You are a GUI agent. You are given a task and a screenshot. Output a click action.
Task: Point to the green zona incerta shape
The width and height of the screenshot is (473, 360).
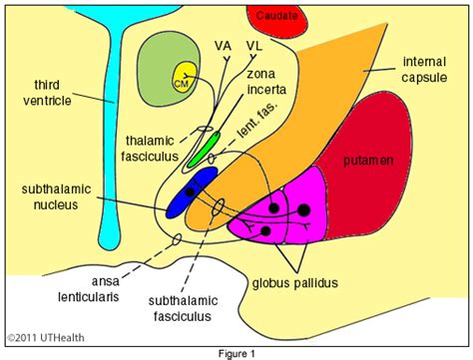coord(204,147)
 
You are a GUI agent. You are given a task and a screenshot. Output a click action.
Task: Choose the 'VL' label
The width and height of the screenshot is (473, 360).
coord(254,47)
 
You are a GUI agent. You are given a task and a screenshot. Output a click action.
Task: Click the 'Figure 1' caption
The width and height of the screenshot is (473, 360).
coord(237,352)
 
